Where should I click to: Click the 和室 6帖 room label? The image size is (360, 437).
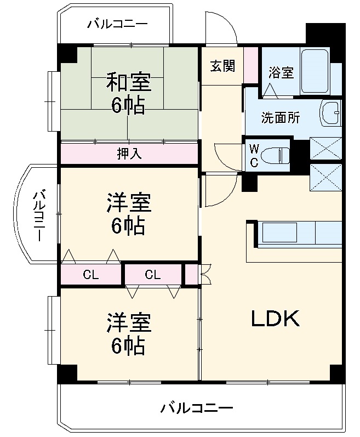(x=127, y=93)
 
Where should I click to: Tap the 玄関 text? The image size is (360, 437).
(x=223, y=66)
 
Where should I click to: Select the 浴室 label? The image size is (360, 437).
(x=280, y=72)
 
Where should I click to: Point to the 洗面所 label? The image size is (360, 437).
(x=280, y=117)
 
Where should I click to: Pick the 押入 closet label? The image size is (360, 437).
(x=129, y=154)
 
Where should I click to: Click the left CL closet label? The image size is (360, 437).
(x=91, y=275)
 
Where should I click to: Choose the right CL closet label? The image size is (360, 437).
(x=153, y=275)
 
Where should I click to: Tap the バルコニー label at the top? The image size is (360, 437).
(x=117, y=24)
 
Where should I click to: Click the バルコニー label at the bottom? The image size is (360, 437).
(x=197, y=408)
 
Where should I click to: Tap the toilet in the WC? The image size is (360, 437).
(x=277, y=155)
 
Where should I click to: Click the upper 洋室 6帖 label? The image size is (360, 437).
(x=127, y=214)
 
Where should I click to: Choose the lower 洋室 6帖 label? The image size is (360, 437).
(x=127, y=333)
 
